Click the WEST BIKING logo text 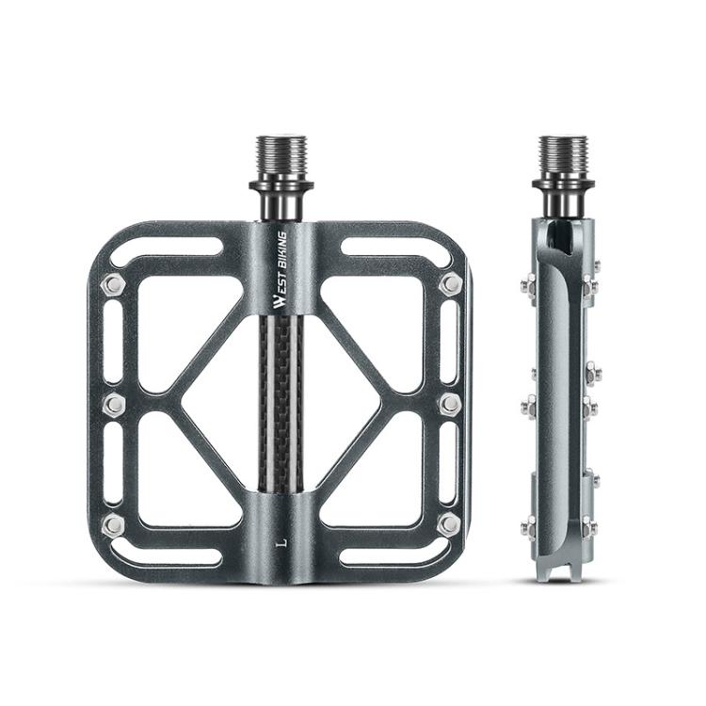pos(281,270)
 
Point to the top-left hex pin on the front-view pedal pos(113,284)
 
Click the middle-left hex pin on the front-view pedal pos(113,404)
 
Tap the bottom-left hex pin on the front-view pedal pos(113,523)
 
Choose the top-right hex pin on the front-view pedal pos(450,284)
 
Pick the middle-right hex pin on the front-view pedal pos(450,404)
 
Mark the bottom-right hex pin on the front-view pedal pos(450,523)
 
